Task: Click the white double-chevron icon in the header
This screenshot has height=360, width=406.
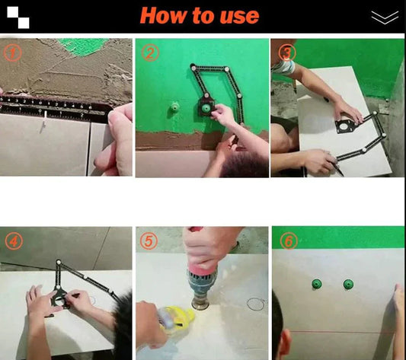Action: (385, 18)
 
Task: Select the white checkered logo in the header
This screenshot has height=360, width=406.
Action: (18, 18)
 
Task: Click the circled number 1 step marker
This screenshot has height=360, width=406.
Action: (12, 53)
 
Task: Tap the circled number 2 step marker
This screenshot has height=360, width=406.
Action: (149, 53)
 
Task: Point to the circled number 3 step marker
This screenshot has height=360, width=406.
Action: (286, 53)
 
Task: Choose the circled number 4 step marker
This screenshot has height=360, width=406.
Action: (14, 241)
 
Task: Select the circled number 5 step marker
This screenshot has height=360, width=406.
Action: (149, 241)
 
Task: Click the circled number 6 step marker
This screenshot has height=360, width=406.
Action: (289, 241)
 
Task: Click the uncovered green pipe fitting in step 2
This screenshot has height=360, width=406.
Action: (174, 108)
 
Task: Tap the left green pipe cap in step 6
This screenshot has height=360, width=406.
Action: (316, 284)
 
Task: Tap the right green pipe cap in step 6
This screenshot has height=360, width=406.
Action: (348, 284)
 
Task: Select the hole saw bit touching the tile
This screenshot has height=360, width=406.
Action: (200, 303)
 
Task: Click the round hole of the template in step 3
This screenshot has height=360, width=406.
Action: (344, 127)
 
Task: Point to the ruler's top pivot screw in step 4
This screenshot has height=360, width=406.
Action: (59, 262)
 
